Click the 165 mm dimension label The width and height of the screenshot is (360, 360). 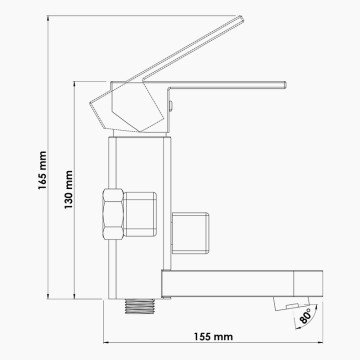42,170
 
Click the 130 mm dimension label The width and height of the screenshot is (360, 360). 68,190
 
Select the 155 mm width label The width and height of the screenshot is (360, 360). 213,337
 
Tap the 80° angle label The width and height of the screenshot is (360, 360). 305,316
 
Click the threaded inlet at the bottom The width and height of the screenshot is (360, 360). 141,306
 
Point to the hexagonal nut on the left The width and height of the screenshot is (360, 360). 113,214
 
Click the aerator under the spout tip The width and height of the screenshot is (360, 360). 291,303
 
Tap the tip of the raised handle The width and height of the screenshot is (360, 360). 241,19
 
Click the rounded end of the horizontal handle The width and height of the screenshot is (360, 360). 285,85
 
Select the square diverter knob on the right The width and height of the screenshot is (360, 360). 190,233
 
